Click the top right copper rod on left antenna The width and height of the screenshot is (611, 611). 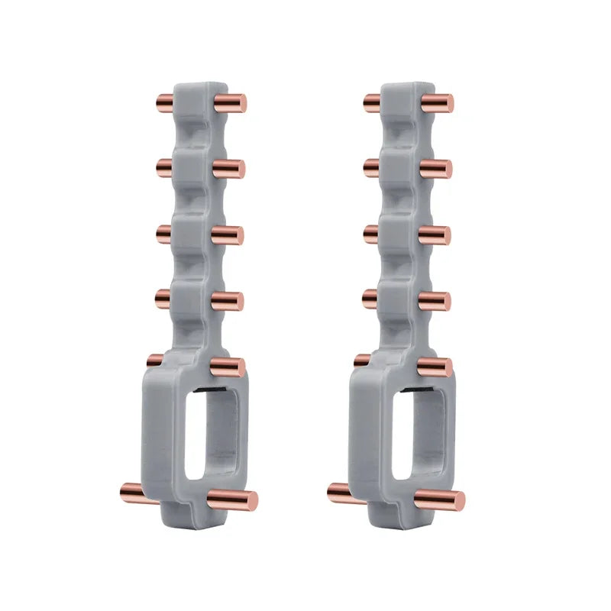[231, 103]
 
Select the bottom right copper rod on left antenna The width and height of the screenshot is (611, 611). [233, 500]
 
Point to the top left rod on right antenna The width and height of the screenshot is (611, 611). [372, 101]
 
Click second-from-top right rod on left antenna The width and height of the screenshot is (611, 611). [228, 169]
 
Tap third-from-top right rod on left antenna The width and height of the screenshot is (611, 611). [228, 235]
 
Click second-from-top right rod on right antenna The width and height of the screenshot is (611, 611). [436, 169]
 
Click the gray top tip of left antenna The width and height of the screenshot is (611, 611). [200, 86]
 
